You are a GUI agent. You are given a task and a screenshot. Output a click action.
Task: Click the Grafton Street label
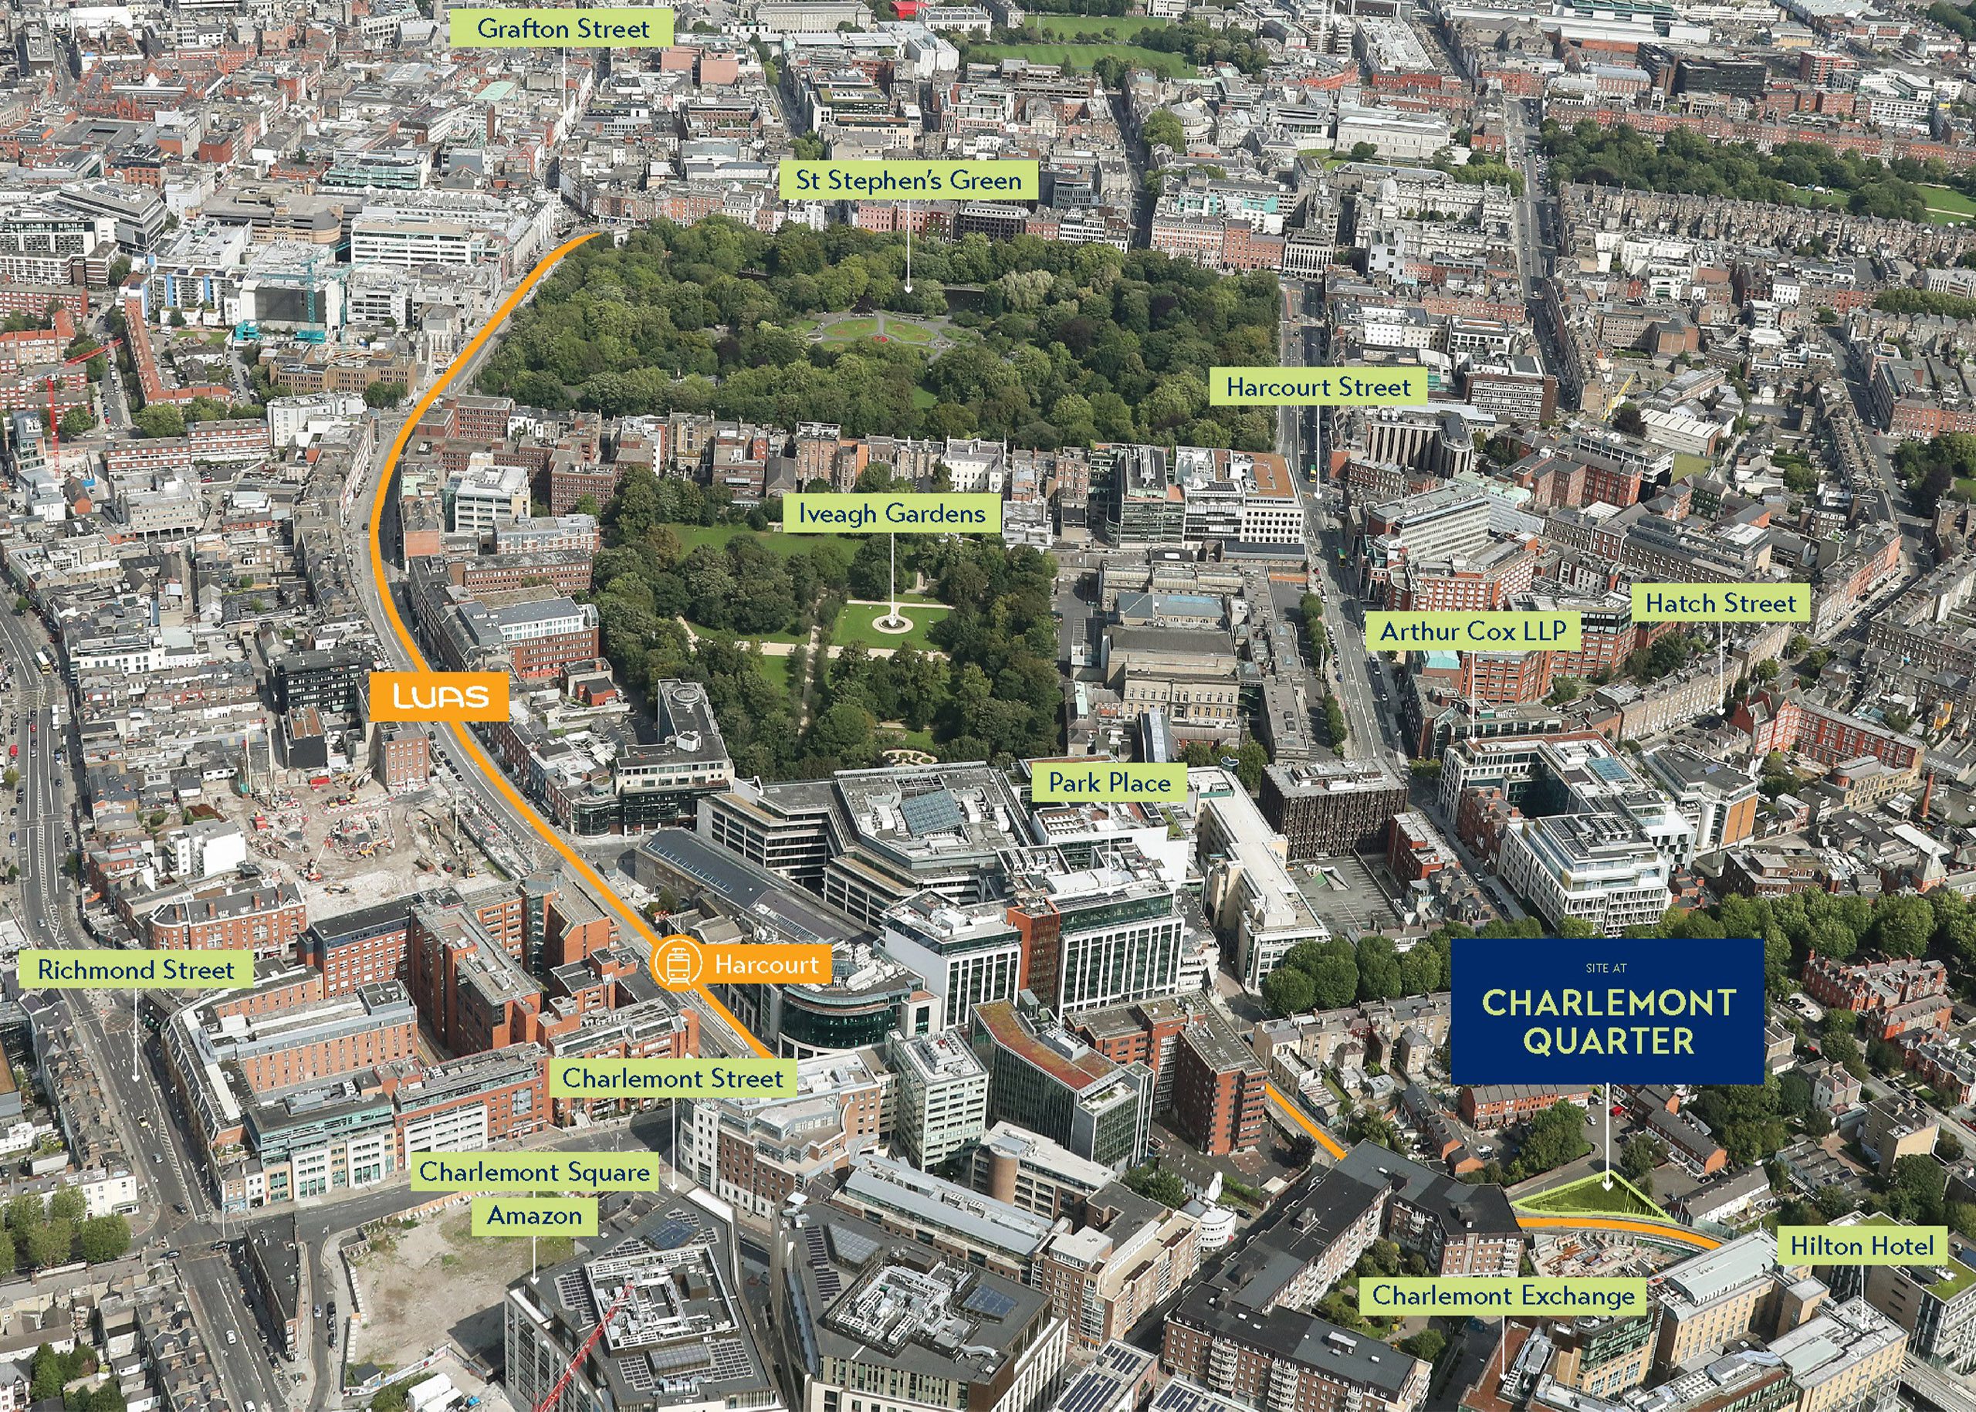click(x=563, y=29)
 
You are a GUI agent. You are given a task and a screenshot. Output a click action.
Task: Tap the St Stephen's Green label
click(x=908, y=181)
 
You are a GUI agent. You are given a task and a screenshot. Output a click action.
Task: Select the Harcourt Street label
click(x=1318, y=387)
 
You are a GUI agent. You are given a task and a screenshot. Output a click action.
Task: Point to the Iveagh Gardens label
click(x=892, y=514)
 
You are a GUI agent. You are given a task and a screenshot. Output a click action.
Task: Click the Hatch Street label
click(x=1720, y=604)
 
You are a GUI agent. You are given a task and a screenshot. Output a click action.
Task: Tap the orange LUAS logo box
click(x=439, y=696)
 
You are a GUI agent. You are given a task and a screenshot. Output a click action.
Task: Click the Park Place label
click(x=1109, y=783)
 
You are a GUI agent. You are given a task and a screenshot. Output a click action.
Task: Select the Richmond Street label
click(x=136, y=970)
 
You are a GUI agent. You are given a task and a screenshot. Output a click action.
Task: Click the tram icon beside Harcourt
click(x=677, y=964)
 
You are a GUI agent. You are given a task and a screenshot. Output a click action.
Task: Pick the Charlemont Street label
click(x=673, y=1079)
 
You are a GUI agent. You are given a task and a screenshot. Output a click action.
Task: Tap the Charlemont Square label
click(x=535, y=1172)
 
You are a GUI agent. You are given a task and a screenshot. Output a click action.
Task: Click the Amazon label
click(x=535, y=1215)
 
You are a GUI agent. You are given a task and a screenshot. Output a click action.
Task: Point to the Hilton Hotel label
click(x=1862, y=1247)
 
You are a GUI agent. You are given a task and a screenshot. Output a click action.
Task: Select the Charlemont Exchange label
click(x=1503, y=1295)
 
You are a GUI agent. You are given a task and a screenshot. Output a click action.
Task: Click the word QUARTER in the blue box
click(x=1607, y=1041)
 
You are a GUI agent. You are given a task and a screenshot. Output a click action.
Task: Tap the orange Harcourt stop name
click(x=766, y=964)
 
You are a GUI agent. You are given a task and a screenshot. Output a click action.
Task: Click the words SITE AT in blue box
click(x=1605, y=967)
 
